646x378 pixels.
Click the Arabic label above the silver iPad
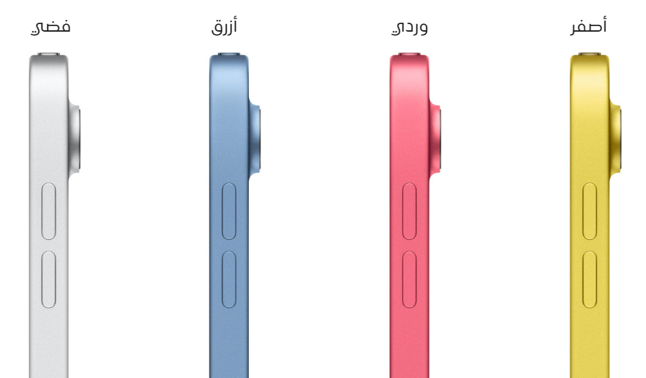51,27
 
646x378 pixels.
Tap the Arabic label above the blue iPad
224,26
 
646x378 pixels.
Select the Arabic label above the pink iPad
410,27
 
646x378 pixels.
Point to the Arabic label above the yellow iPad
588,25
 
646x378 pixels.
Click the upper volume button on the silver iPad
49,211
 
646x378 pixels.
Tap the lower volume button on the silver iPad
49,280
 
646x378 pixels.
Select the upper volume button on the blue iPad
229,211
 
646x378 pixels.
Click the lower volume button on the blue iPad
229,280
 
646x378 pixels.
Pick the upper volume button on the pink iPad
409,211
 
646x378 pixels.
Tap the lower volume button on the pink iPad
409,280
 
